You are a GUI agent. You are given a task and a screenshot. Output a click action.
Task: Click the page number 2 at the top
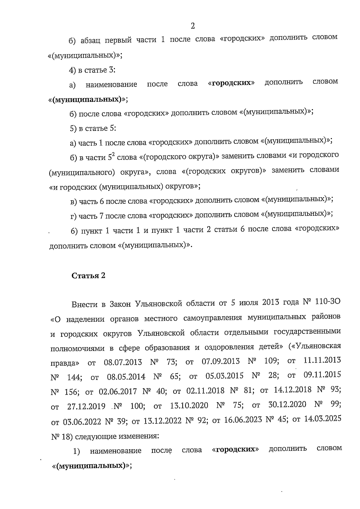[x=193, y=26]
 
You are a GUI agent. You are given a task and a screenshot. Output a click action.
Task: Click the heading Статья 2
[x=88, y=276]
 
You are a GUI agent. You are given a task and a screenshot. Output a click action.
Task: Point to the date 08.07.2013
[x=123, y=362]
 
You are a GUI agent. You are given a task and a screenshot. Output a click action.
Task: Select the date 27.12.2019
[x=86, y=406]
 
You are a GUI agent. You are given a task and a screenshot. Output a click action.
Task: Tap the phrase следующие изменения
[x=117, y=436]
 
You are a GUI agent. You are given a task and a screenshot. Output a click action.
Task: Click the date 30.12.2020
[x=287, y=405]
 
